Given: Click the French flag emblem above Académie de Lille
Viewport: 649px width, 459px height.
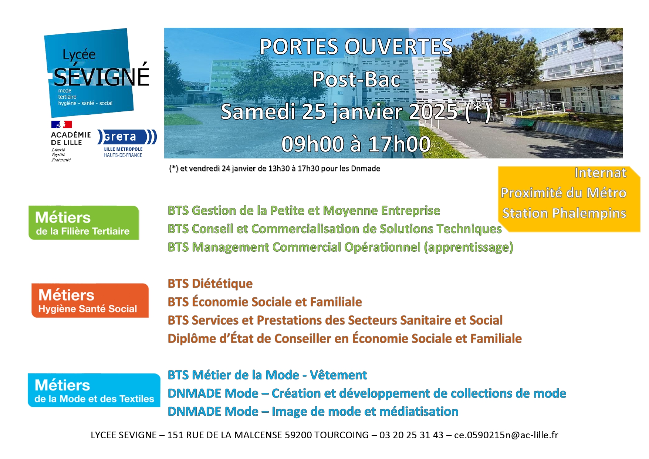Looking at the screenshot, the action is tap(61, 124).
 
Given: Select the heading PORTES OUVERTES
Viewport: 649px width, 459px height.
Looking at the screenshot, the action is tap(356, 47).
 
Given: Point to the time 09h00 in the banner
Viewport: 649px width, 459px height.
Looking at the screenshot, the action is tap(313, 144).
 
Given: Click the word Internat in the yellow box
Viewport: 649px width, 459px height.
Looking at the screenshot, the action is tap(600, 173).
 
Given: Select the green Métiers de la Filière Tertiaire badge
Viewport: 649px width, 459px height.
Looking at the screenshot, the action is tap(84, 223).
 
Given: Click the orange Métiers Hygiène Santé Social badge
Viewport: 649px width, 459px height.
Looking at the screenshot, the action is tap(90, 301).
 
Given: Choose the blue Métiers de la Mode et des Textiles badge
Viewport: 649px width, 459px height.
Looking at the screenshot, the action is tap(94, 390).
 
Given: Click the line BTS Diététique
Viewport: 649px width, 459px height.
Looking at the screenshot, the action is tap(210, 284).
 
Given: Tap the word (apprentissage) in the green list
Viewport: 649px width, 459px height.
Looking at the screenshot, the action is tap(469, 247).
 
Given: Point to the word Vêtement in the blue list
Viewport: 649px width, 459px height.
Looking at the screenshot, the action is tap(338, 375).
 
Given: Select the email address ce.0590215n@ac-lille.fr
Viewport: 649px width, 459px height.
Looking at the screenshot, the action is tap(506, 435).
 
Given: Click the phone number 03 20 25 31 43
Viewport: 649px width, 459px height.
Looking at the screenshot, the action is tap(411, 435).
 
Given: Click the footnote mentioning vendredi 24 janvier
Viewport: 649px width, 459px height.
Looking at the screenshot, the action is tap(274, 168).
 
